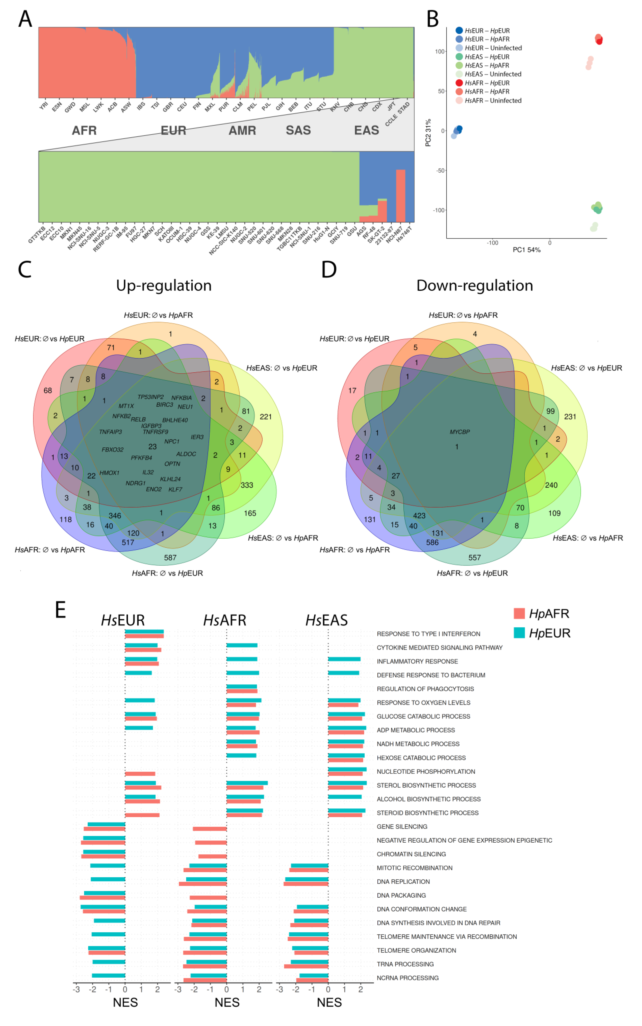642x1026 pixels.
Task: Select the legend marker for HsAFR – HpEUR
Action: (x=459, y=83)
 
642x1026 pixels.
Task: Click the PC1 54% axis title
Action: (x=526, y=250)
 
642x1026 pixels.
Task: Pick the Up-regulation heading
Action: (x=164, y=286)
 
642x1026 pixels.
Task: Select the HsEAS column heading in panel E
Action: (x=326, y=620)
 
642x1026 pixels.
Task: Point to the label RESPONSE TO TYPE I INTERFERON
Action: (x=428, y=634)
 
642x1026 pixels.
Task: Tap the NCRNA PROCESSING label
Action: (x=408, y=978)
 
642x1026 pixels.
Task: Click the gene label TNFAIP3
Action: (x=110, y=432)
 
